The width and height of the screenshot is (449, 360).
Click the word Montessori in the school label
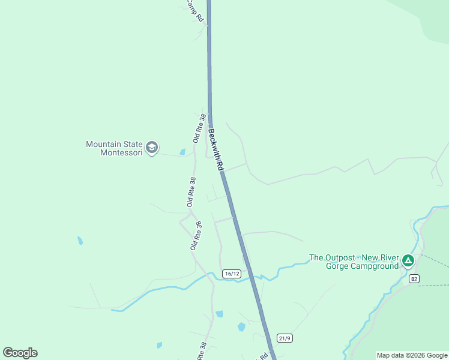click(121, 153)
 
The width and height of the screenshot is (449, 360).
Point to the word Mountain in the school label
click(105, 145)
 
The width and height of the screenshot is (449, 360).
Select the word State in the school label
click(133, 145)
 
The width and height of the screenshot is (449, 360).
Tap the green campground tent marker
click(408, 260)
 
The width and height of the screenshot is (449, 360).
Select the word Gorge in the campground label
click(336, 266)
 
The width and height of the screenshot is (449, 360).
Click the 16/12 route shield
click(231, 274)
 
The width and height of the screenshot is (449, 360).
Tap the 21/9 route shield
click(285, 338)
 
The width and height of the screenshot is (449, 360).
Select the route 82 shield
click(414, 279)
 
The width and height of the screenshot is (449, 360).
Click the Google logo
click(20, 353)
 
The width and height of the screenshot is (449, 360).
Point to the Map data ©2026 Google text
click(412, 355)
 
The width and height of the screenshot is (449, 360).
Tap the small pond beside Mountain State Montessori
click(182, 152)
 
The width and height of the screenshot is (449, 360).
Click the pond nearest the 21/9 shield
click(241, 327)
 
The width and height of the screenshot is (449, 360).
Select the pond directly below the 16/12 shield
click(219, 314)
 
